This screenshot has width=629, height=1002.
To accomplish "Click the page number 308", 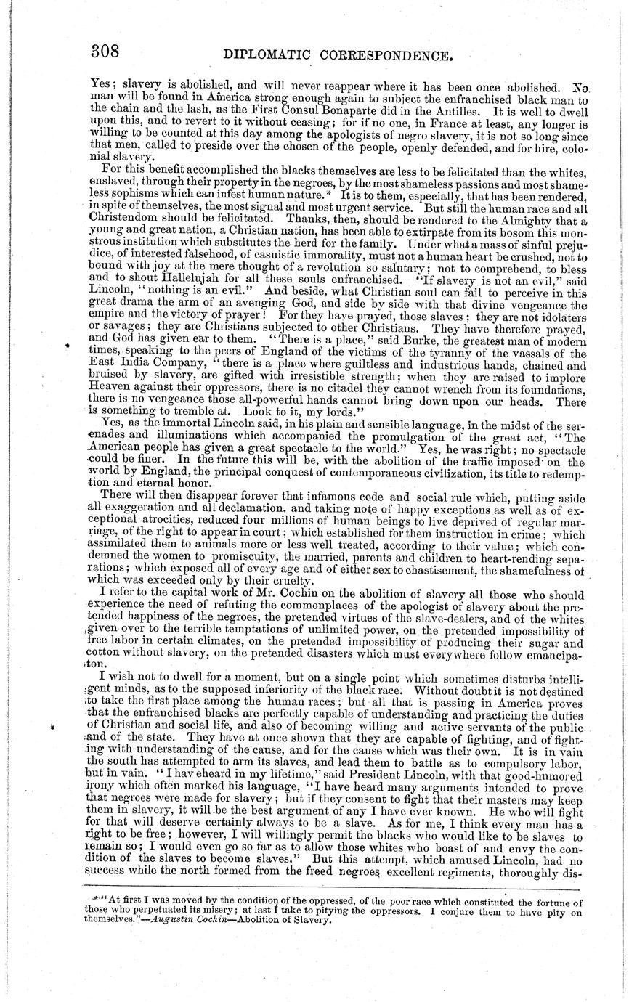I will tap(105, 52).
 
